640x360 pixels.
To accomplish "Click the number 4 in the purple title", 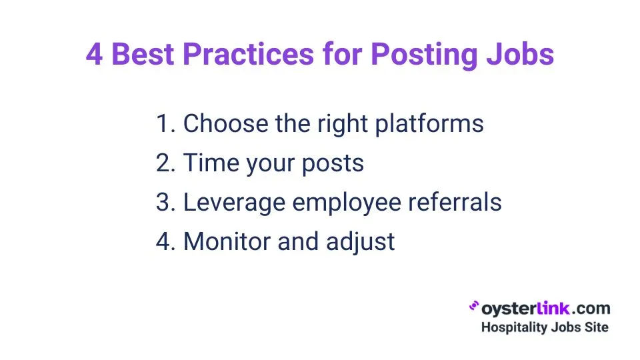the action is [x=94, y=54].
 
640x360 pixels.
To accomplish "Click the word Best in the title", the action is [x=143, y=54].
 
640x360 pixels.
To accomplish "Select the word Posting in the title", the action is [x=424, y=56].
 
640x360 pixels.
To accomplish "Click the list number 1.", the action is [x=166, y=123].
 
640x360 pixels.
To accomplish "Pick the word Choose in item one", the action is [x=226, y=123].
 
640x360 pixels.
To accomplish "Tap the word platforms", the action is [x=429, y=124].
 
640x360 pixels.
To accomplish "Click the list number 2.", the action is [x=166, y=163].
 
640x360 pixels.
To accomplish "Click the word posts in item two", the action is [x=333, y=164].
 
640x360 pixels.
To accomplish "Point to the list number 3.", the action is [x=166, y=202].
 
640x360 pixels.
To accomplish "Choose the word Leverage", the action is [x=234, y=203].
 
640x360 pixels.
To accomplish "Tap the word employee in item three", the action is [x=347, y=203].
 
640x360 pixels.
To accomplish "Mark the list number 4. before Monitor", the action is [x=166, y=241].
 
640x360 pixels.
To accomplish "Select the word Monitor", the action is [x=227, y=241].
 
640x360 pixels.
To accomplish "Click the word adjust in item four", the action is [x=361, y=243].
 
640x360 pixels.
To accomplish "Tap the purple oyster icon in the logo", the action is [x=474, y=306].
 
